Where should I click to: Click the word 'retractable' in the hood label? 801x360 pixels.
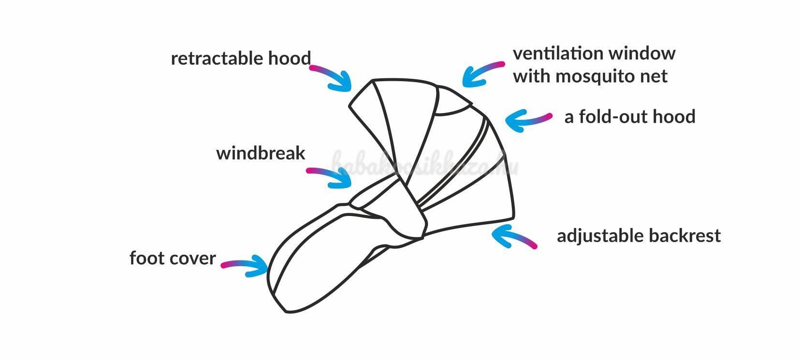(210, 58)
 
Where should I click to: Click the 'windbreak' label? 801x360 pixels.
(261, 153)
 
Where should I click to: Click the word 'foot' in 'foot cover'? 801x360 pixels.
(145, 258)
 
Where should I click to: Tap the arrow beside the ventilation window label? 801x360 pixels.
(481, 74)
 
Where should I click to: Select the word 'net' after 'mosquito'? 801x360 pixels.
(656, 76)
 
